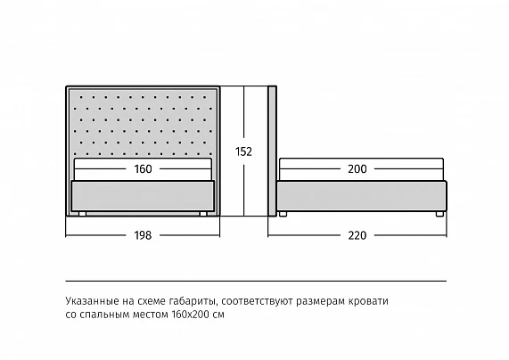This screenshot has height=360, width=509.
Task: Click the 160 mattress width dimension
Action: pos(144,168)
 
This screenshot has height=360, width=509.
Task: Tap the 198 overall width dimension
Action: pos(143,235)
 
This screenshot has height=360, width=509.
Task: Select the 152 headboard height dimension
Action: pos(243,151)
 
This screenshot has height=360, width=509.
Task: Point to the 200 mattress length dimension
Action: pos(357,168)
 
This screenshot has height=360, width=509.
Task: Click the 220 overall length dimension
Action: pos(357,235)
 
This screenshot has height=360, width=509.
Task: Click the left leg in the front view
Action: pos(82,214)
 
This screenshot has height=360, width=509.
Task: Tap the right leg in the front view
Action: pos(203,214)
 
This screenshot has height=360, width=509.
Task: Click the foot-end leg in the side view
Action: pos(439,214)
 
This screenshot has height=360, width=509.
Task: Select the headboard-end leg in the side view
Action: pos(283,214)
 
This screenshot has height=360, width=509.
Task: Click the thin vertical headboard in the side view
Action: pos(273,151)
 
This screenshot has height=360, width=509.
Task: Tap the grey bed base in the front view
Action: pos(143,196)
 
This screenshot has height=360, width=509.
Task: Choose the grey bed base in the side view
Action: pos(362,196)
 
